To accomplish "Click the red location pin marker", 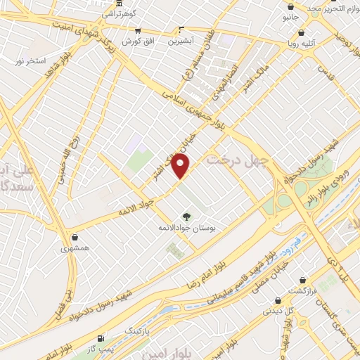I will tap(181, 167).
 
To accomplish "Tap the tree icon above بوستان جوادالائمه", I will tap(186, 217).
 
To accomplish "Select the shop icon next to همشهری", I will tap(75, 237).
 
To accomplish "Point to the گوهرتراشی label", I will tap(120, 13).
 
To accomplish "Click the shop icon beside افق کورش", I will tap(137, 31).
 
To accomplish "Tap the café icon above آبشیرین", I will tap(181, 30).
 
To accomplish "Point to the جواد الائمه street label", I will tap(130, 206).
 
